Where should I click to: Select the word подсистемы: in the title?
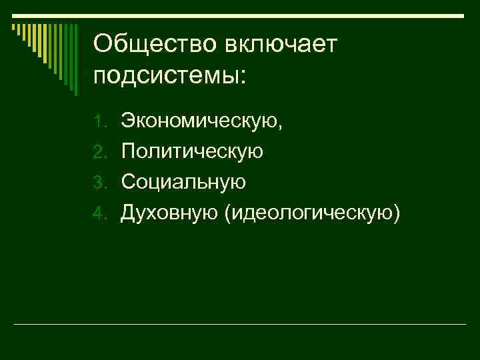click(170, 75)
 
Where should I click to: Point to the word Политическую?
click(192, 152)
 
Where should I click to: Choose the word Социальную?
click(183, 182)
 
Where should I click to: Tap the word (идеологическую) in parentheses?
click(314, 213)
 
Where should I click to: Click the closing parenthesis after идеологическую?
click(398, 213)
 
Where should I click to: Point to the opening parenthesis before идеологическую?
click(229, 213)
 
